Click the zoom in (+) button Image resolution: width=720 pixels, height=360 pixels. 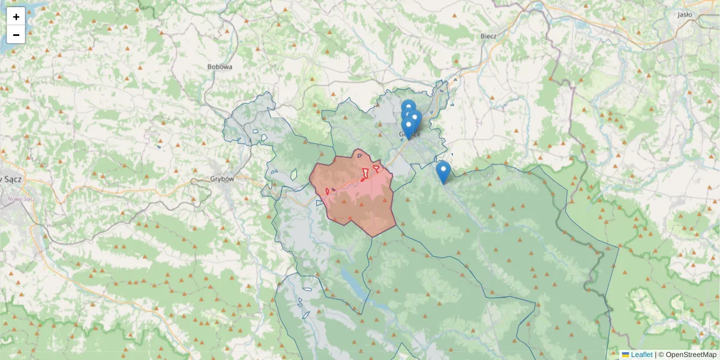pos(16,17)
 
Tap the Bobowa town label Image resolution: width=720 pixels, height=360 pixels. pos(220,67)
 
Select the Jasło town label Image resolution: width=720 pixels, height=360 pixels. pos(685,15)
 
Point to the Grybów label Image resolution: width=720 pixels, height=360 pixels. pos(223,179)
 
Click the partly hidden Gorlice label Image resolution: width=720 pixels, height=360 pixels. pos(414,134)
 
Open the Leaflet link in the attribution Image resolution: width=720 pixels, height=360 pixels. pos(641,355)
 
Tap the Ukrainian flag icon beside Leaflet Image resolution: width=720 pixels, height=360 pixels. pos(625,355)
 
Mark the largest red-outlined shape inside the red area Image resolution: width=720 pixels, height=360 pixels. pos(365,175)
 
